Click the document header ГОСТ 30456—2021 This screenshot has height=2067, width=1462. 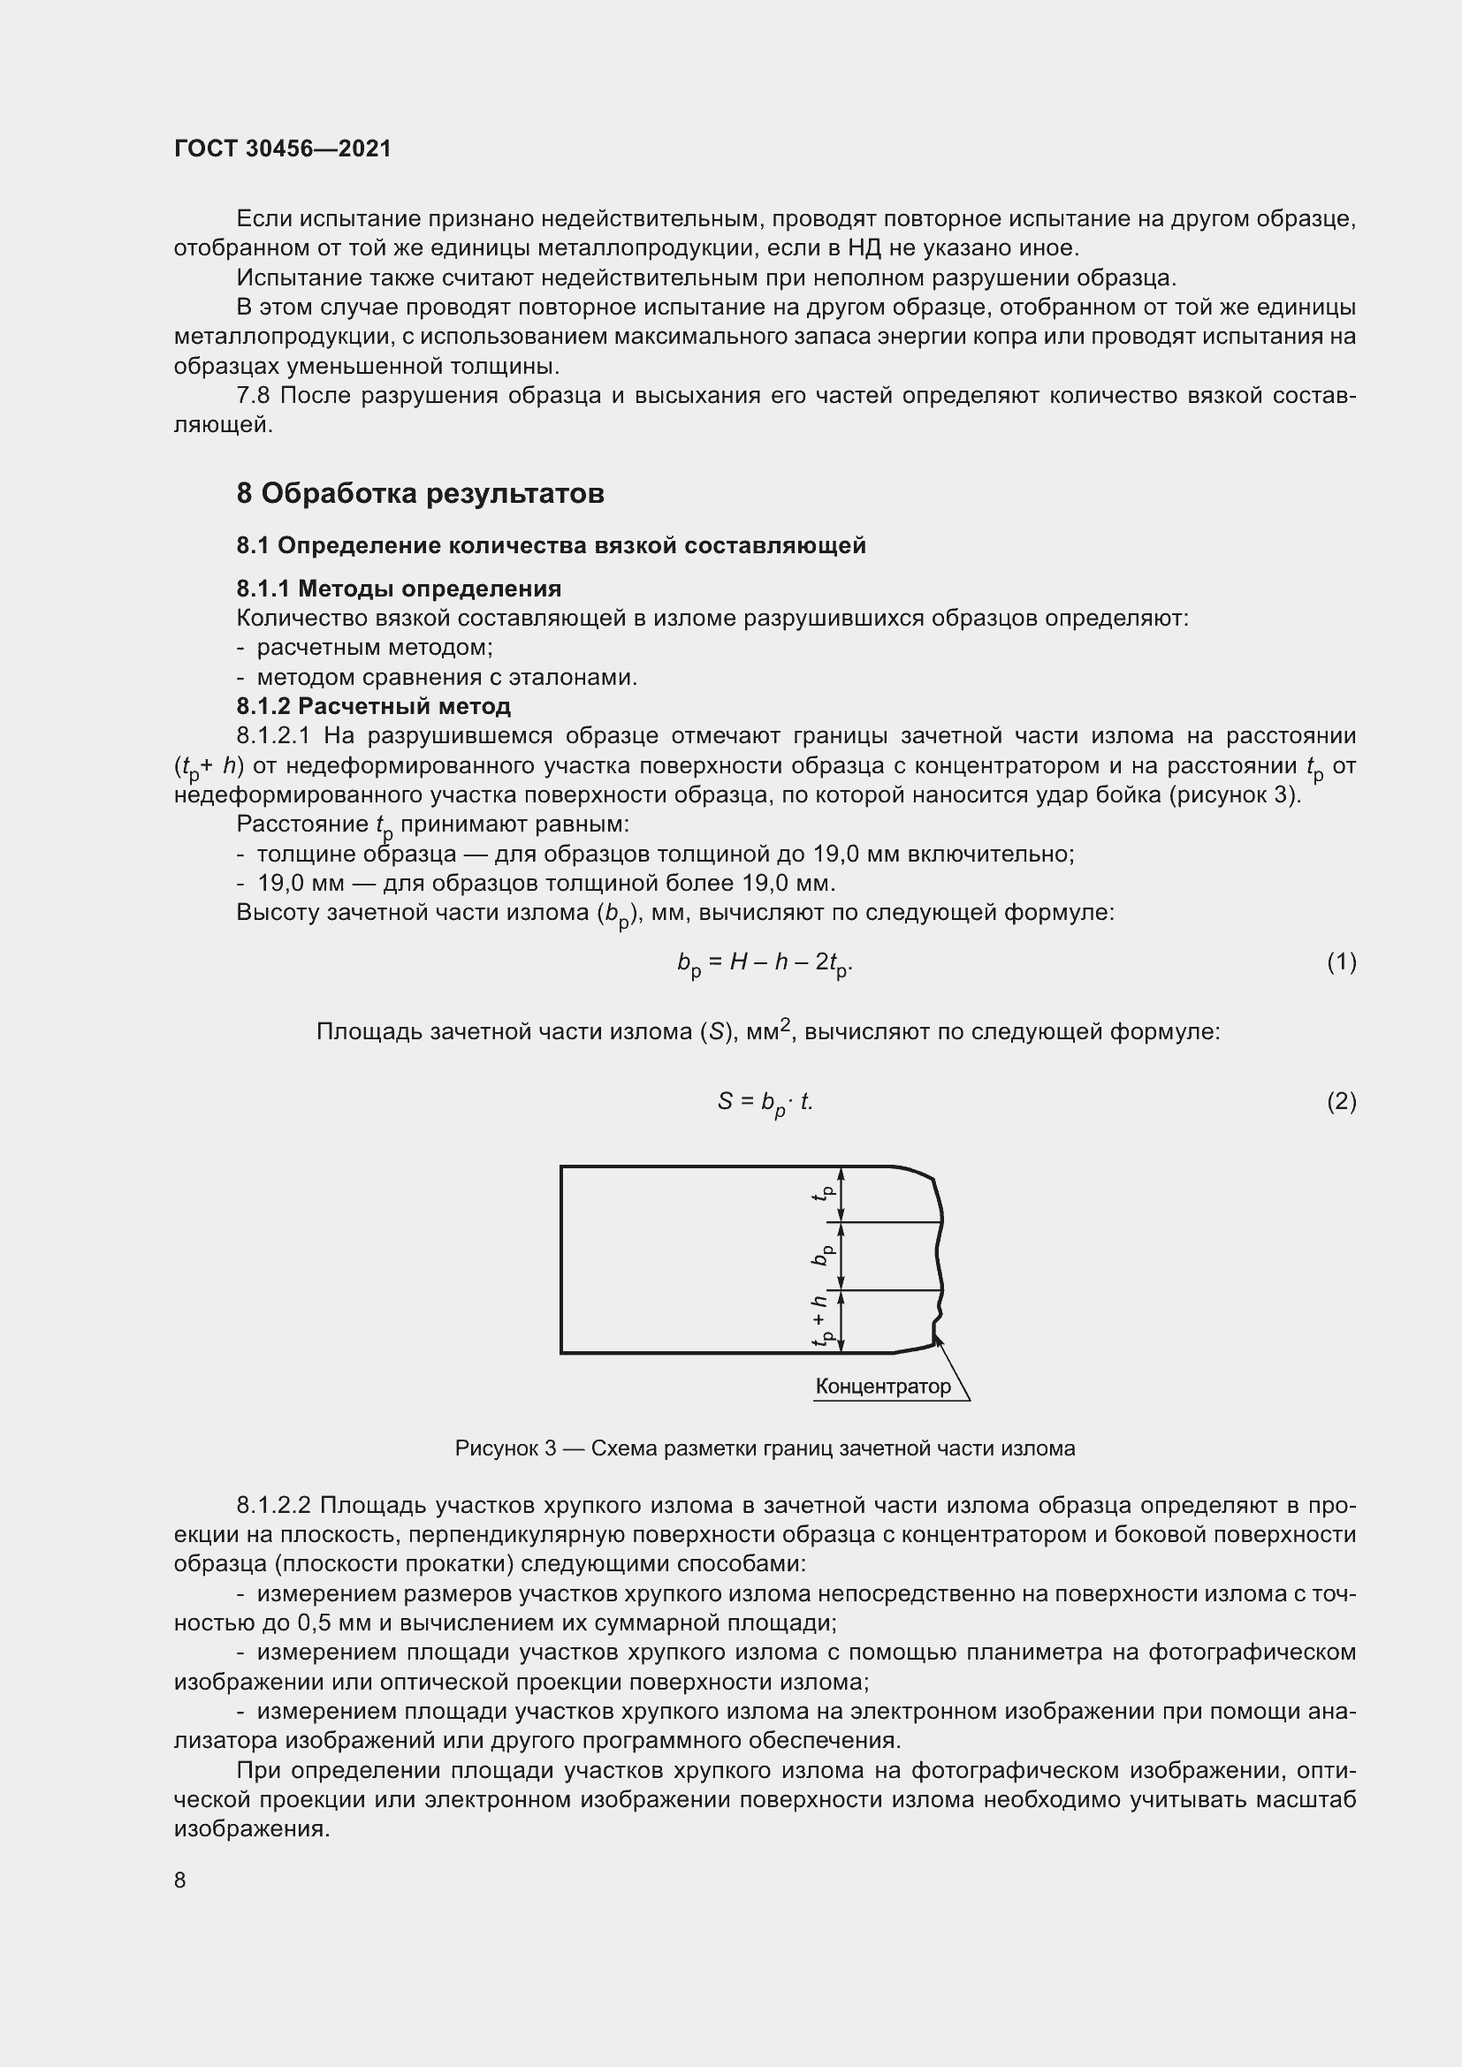(x=283, y=148)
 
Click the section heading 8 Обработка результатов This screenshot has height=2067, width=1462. (x=420, y=493)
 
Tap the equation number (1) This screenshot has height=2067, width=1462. (x=1341, y=962)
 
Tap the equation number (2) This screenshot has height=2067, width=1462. (x=1341, y=1101)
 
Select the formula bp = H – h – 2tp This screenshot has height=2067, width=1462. (x=765, y=964)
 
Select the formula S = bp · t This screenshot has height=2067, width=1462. (x=765, y=1103)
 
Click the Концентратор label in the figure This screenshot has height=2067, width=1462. (x=882, y=1387)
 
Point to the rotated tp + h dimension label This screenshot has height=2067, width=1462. (x=820, y=1320)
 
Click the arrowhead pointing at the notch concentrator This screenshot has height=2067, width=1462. (x=939, y=1341)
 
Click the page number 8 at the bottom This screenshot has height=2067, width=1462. (x=180, y=1880)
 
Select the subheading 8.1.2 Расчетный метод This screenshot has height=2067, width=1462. (x=374, y=706)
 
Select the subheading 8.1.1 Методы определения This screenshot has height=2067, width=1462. (x=399, y=589)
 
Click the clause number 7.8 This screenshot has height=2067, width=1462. (x=254, y=396)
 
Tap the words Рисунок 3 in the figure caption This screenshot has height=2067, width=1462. (x=505, y=1448)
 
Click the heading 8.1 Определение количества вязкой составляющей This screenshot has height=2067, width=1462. (x=551, y=545)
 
